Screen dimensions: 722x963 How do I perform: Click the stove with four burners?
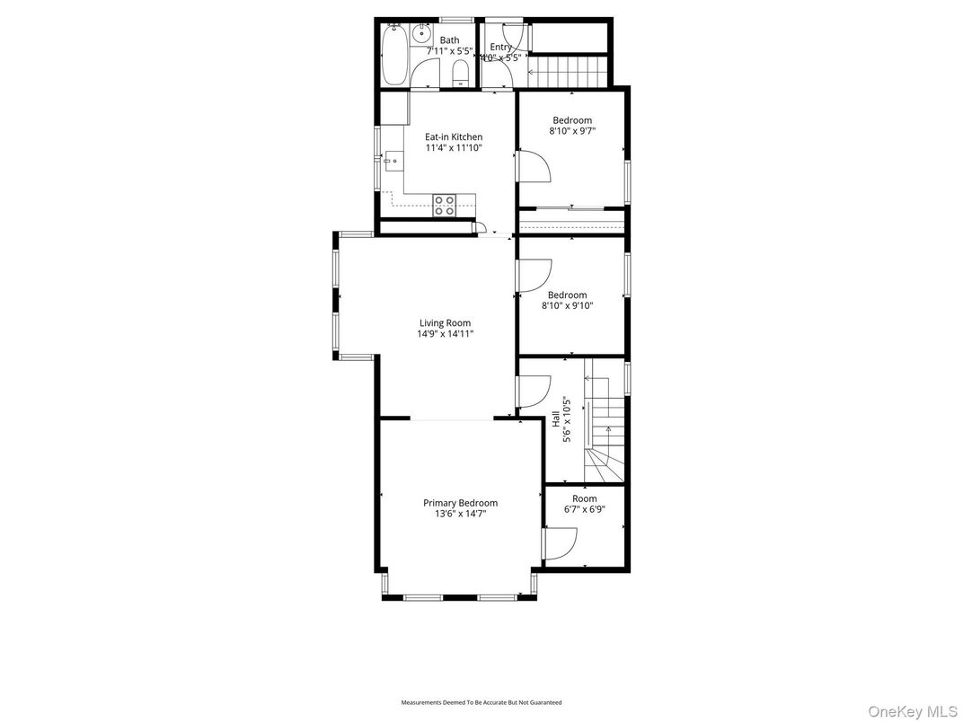coord(445,206)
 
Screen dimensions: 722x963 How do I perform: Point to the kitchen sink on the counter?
coord(393,162)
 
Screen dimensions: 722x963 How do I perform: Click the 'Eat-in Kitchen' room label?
coord(454,137)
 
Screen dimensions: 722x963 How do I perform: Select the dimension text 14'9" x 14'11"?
coord(445,334)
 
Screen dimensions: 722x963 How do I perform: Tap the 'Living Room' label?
coord(445,323)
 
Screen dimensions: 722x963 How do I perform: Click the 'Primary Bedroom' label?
coord(460,503)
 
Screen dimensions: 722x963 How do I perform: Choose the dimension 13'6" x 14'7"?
coord(460,514)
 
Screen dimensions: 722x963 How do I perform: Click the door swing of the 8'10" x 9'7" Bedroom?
coord(531,166)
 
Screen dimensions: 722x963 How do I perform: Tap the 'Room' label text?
coord(584,498)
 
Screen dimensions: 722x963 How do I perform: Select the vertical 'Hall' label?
coord(555,418)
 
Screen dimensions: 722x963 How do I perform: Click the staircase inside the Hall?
coord(605,422)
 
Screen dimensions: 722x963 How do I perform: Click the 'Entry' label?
coord(500,47)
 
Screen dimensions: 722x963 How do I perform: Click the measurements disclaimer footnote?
coord(481,702)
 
